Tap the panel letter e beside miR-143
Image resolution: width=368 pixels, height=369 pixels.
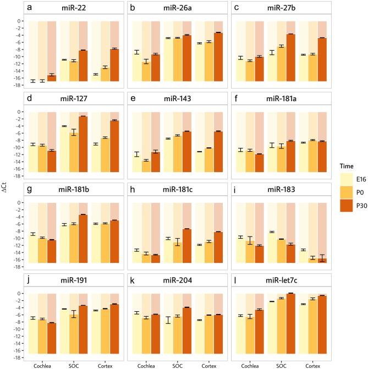coord(134,100)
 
